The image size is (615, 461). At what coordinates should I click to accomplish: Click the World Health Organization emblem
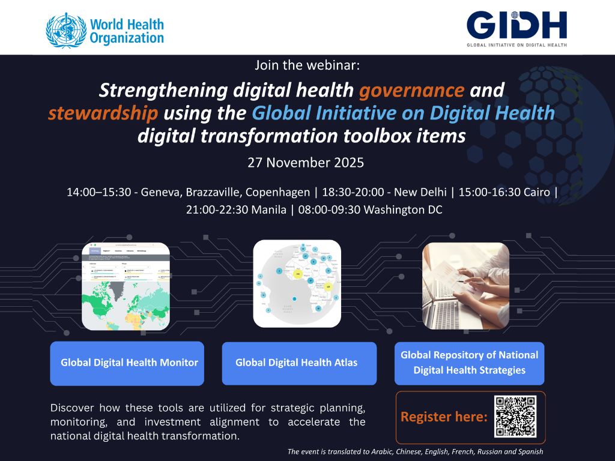[65, 31]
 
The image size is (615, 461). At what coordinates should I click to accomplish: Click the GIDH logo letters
[517, 25]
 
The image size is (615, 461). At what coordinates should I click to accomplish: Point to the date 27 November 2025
[306, 163]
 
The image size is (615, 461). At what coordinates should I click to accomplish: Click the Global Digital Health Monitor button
[127, 363]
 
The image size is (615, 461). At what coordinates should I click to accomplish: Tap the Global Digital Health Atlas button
[298, 363]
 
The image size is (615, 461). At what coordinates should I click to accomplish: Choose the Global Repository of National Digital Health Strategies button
[469, 363]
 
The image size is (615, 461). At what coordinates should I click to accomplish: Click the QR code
[515, 417]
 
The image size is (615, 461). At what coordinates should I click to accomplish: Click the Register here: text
[444, 417]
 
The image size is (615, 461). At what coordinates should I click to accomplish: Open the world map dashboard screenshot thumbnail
[126, 286]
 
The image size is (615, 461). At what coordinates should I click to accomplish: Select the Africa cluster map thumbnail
[297, 283]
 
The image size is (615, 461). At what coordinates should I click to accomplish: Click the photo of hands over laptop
[466, 286]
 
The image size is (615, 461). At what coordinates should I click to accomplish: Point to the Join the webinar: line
[307, 65]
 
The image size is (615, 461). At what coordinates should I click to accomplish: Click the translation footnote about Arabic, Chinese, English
[415, 451]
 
